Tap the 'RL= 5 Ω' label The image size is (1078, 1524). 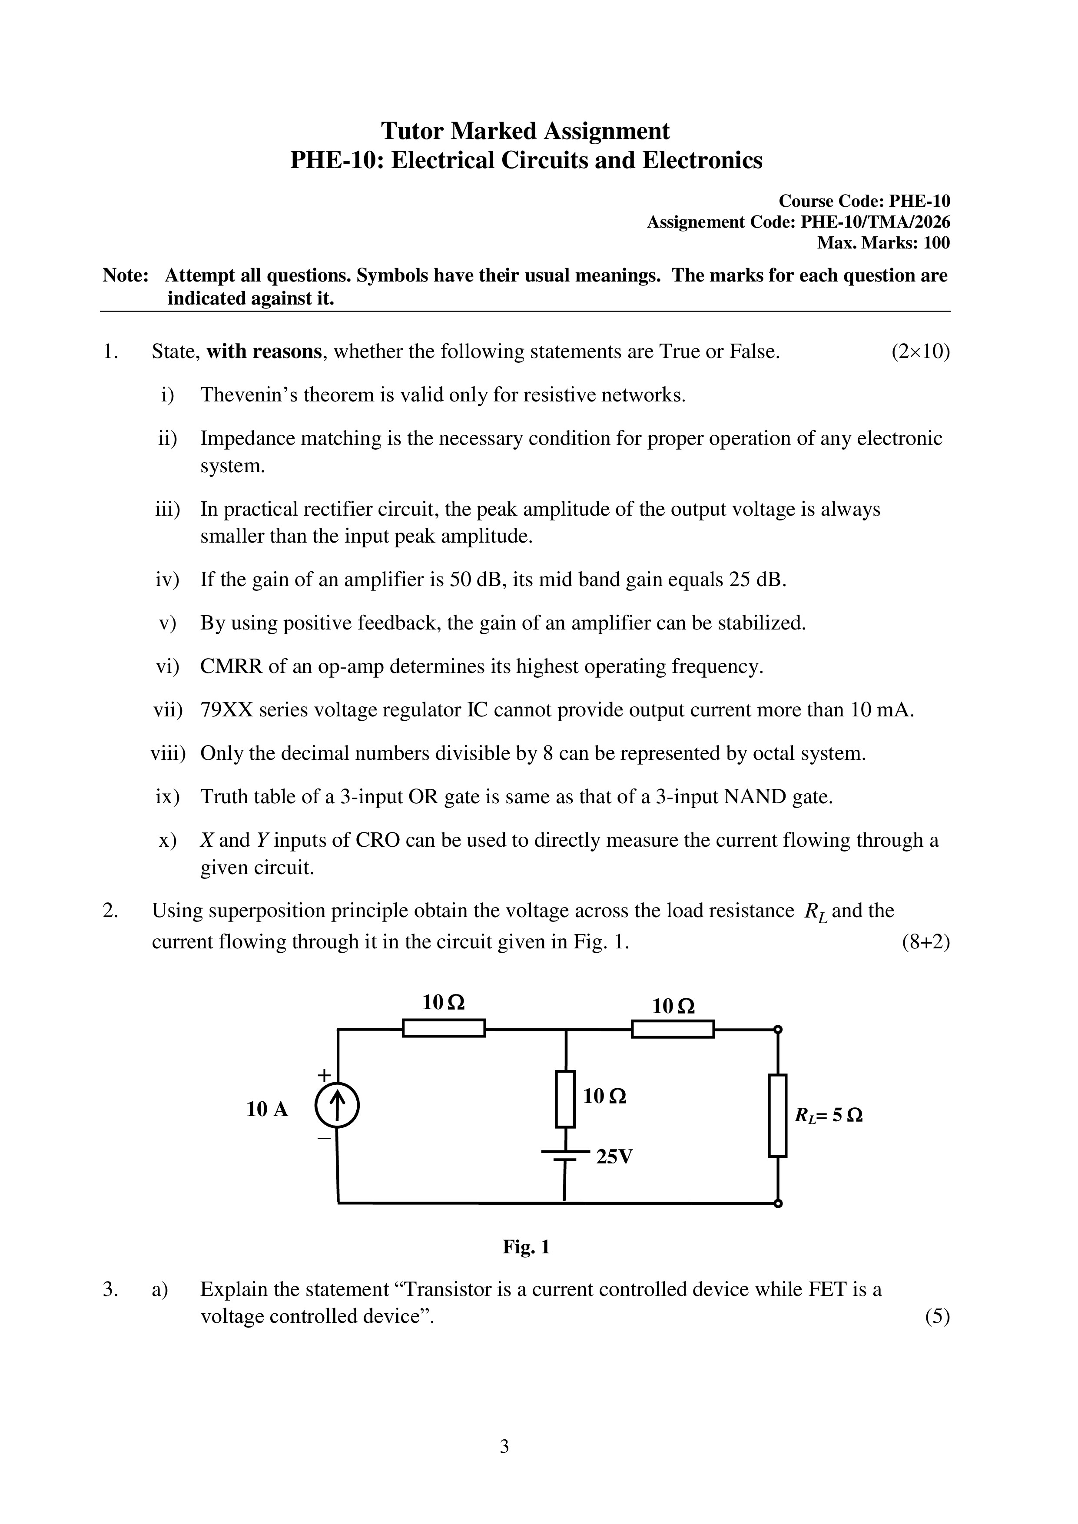[829, 1115]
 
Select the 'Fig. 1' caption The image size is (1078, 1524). [526, 1247]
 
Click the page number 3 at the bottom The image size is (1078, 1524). [504, 1446]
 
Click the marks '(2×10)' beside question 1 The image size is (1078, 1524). [920, 351]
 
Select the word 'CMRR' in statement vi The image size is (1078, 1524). [231, 666]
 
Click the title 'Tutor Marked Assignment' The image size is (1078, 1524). [525, 131]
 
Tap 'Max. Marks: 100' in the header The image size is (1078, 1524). [883, 243]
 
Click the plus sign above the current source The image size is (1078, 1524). [324, 1074]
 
